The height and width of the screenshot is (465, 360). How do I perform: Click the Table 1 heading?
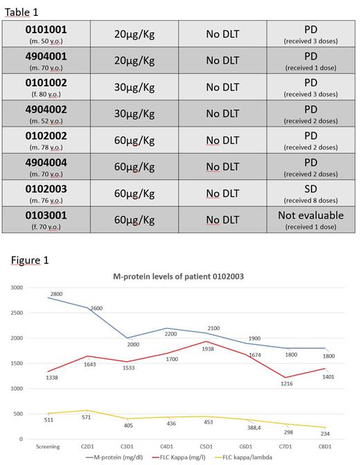pos(22,9)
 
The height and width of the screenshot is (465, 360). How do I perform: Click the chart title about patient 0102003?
pos(183,277)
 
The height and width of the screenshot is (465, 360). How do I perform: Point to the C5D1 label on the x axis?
pos(222,446)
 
